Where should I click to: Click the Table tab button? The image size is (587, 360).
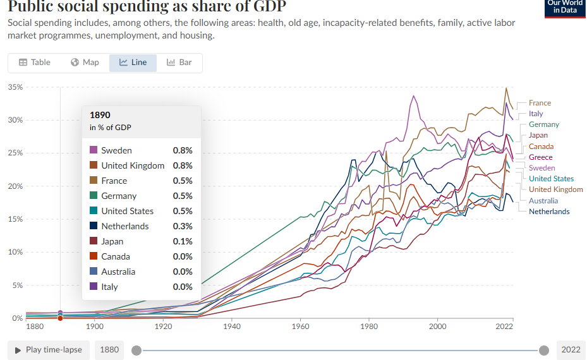coord(35,63)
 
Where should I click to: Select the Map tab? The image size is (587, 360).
coord(85,63)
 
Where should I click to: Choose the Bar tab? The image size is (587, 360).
coord(179,63)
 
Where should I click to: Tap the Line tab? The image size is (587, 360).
coord(133,63)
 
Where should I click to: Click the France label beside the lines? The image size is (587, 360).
coord(540,103)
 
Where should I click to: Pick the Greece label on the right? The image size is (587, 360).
coord(540,157)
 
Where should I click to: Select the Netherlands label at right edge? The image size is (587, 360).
coord(548,212)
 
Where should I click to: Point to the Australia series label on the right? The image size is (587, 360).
coord(543,201)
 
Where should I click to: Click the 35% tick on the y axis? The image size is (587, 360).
coord(15,87)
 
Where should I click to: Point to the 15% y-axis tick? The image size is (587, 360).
coord(15,219)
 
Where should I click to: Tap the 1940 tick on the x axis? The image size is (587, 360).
coord(232,327)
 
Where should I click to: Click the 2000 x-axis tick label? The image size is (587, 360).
coord(437,327)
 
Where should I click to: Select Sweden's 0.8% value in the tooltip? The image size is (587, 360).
coord(183,150)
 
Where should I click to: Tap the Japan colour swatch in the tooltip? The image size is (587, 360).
coord(94,241)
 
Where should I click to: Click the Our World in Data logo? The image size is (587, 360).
coord(565,8)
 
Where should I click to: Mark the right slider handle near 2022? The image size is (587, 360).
coord(544,350)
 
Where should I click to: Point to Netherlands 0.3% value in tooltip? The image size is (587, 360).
coord(183,226)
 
